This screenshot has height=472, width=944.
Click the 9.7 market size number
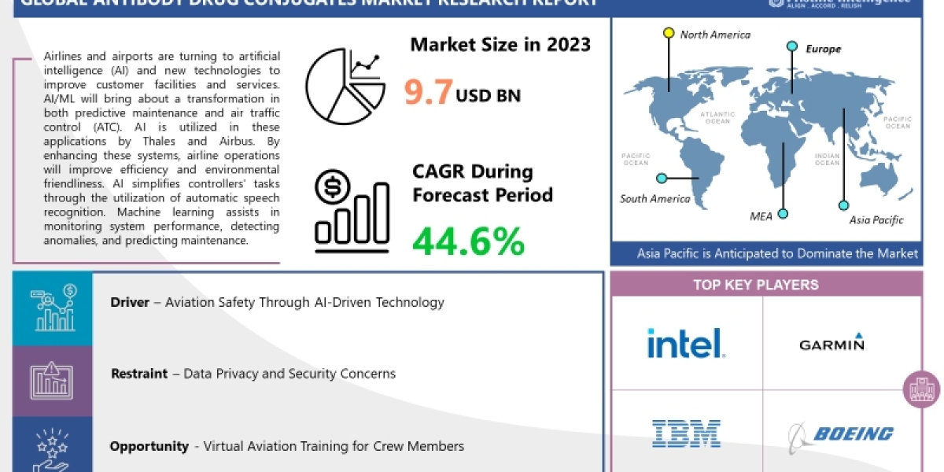pyautogui.click(x=428, y=92)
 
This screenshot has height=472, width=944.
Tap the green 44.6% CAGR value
pyautogui.click(x=468, y=241)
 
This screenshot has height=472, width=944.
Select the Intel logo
pyautogui.click(x=685, y=343)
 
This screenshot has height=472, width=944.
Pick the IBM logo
pyautogui.click(x=686, y=433)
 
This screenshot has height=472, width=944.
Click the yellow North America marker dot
pyautogui.click(x=669, y=33)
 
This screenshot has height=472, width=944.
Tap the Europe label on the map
pyautogui.click(x=823, y=49)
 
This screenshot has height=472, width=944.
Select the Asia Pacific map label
pyautogui.click(x=876, y=220)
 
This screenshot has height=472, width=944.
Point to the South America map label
pyautogui.click(x=655, y=198)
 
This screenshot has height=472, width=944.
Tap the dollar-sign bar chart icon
pyautogui.click(x=351, y=211)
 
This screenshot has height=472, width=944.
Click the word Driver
pyautogui.click(x=130, y=302)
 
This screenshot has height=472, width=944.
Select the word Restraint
pyautogui.click(x=139, y=374)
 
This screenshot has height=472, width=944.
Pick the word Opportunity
pyautogui.click(x=149, y=446)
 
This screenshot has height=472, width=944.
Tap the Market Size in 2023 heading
pyautogui.click(x=500, y=44)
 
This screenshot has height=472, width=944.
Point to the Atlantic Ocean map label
pyautogui.click(x=718, y=117)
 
